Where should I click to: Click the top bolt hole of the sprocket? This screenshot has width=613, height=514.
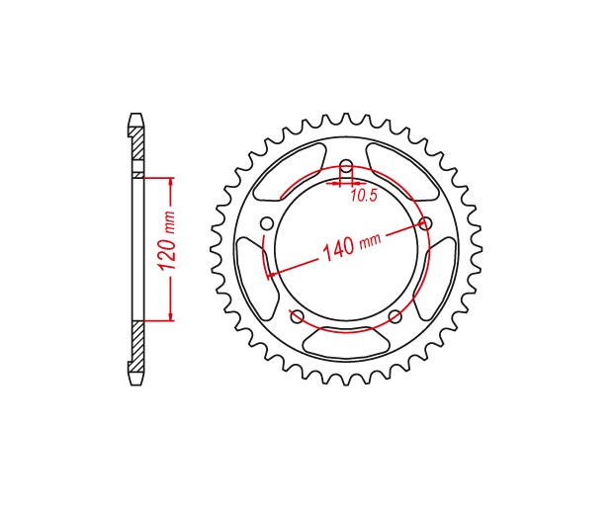click(x=346, y=165)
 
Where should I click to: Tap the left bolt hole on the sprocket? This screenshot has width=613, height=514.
click(x=267, y=224)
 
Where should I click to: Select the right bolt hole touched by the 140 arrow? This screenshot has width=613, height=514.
click(x=425, y=224)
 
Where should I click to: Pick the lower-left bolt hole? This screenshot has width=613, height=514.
click(x=298, y=316)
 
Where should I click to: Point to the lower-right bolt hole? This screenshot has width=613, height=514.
click(x=395, y=316)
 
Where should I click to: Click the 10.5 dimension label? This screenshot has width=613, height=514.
click(x=364, y=195)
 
